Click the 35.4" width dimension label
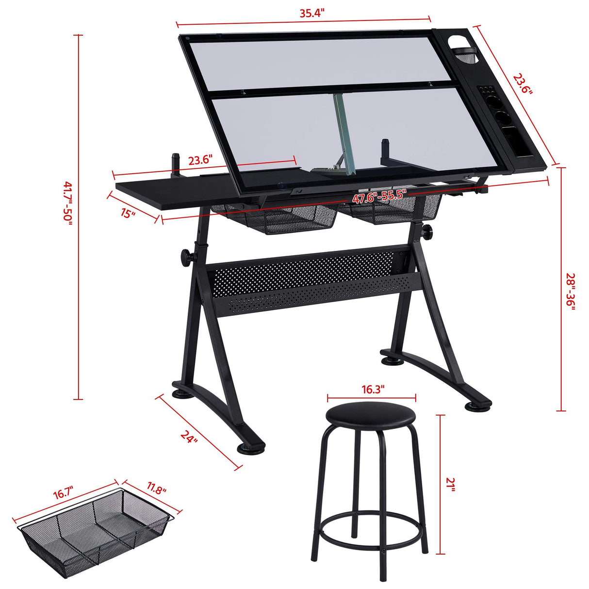(x=311, y=13)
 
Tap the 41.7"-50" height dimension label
(x=67, y=202)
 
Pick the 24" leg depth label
(x=190, y=436)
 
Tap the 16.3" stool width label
(x=373, y=390)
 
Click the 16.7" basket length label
(x=66, y=494)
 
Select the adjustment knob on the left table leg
(x=186, y=255)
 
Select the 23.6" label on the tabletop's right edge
(x=523, y=84)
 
